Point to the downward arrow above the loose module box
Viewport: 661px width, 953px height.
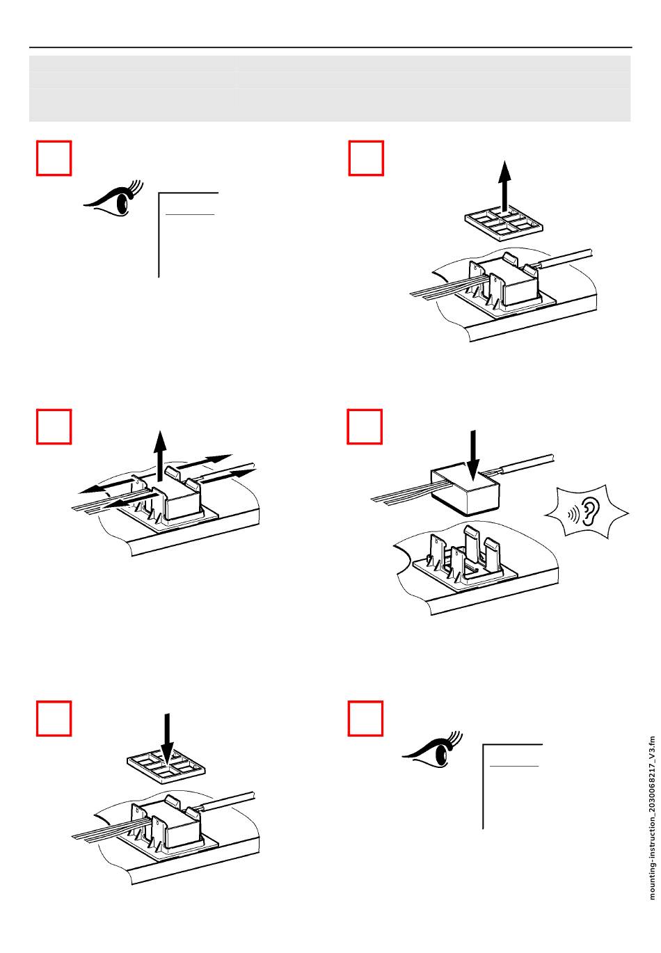point(472,454)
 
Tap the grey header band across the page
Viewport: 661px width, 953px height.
point(330,88)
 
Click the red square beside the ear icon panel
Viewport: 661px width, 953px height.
point(365,426)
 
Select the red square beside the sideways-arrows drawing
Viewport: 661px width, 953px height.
point(54,426)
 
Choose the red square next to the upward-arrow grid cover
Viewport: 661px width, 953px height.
point(365,159)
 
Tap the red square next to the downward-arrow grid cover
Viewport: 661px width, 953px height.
point(54,719)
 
